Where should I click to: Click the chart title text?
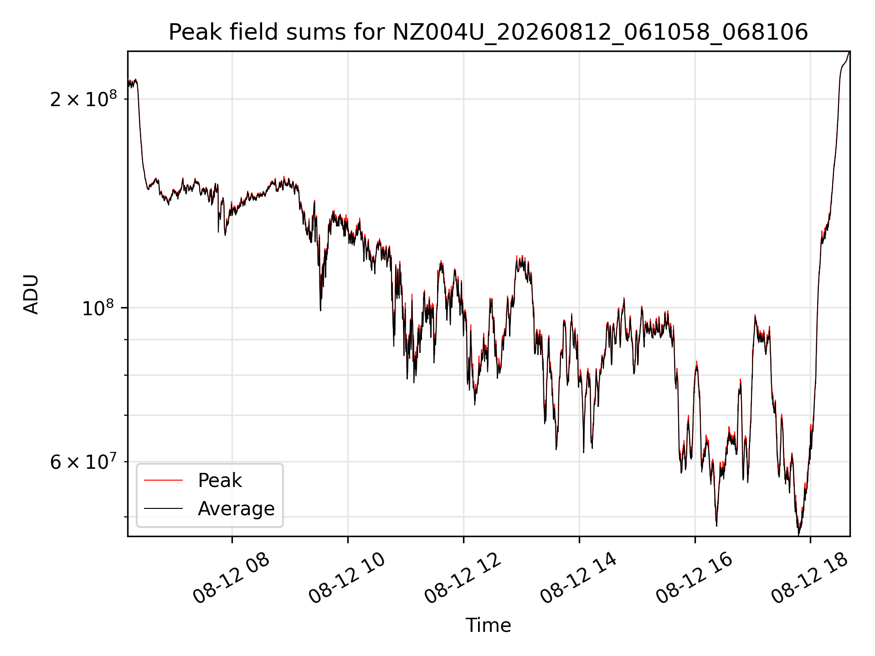[488, 32]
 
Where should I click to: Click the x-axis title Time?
[488, 625]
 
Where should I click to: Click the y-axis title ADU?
[31, 294]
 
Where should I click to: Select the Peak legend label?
[220, 480]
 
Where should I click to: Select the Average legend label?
[236, 508]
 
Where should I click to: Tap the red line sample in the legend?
[163, 480]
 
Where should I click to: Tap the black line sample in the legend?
[163, 508]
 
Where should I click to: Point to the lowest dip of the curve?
[798, 534]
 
